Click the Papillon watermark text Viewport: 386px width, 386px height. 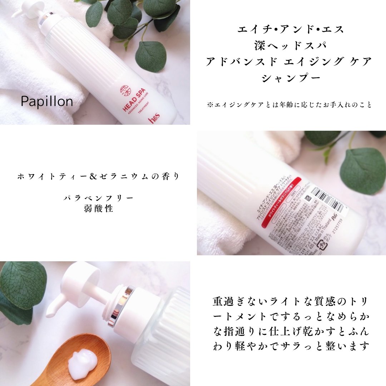coord(47,102)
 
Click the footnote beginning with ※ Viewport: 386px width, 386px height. coord(289,105)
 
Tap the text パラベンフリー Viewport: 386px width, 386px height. coord(98,198)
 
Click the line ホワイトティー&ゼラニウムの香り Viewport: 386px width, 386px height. coord(98,176)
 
